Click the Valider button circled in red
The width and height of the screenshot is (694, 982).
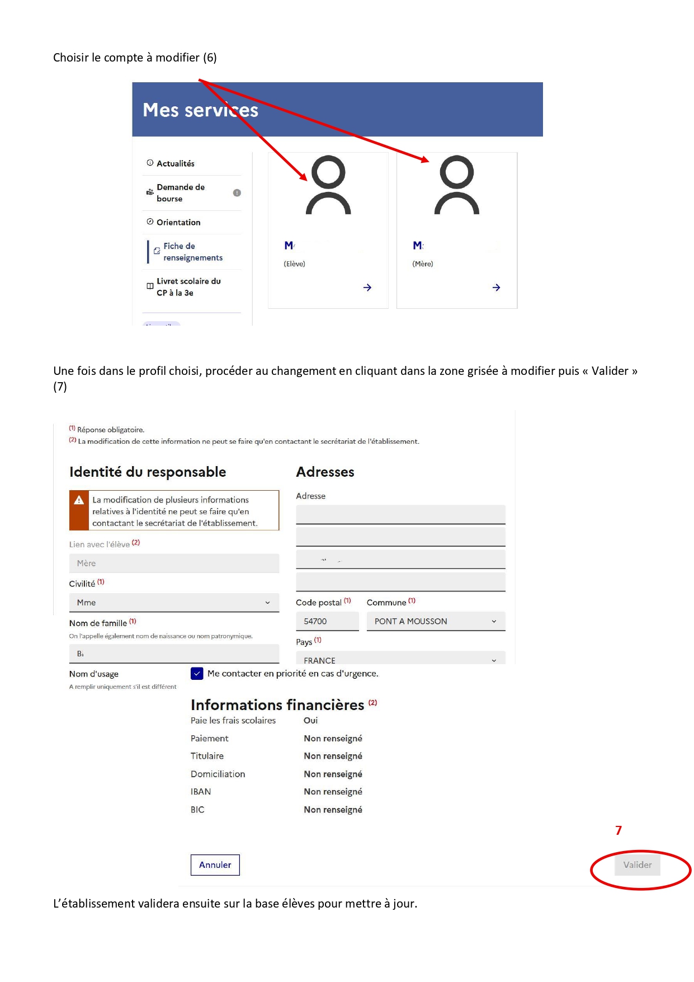[637, 864]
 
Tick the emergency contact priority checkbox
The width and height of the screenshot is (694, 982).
[197, 673]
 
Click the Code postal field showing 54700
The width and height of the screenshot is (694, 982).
[327, 621]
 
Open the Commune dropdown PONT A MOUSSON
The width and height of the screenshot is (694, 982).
[436, 621]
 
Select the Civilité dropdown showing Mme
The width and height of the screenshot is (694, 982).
[174, 603]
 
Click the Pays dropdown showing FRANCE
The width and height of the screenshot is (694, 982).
[400, 659]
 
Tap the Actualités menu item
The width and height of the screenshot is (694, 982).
[176, 163]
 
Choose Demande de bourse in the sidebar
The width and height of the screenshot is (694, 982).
[181, 193]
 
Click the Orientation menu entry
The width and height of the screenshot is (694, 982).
[178, 222]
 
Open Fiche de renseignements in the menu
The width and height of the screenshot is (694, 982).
[192, 252]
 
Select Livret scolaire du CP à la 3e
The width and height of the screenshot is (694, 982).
[188, 287]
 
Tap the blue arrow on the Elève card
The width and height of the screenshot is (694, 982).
[367, 288]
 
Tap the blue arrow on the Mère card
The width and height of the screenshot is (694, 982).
[496, 288]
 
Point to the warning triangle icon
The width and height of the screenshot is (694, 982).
[79, 500]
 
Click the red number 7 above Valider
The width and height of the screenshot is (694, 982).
[619, 830]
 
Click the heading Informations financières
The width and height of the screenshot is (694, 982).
[277, 704]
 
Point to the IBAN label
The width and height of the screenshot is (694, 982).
[201, 792]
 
